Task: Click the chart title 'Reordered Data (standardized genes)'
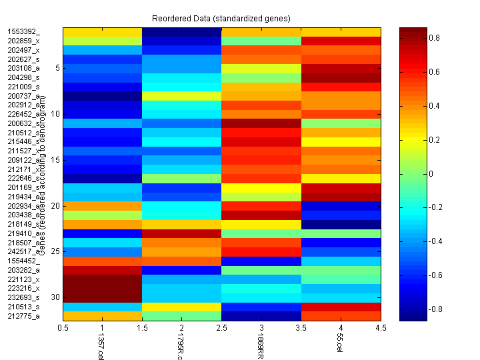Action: click(x=221, y=17)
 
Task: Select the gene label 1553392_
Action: click(x=23, y=31)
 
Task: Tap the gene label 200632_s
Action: click(x=23, y=123)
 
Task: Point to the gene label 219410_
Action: click(x=23, y=233)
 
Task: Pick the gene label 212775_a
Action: click(x=23, y=316)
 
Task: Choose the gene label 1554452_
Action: click(x=23, y=261)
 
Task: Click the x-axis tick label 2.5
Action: click(x=221, y=328)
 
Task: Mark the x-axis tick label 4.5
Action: click(x=380, y=328)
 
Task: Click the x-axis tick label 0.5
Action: click(x=64, y=328)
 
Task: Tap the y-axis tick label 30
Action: click(x=56, y=297)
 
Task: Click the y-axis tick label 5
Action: click(x=58, y=68)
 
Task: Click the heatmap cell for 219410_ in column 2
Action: click(x=181, y=233)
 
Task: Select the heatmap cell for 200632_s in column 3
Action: click(x=261, y=123)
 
